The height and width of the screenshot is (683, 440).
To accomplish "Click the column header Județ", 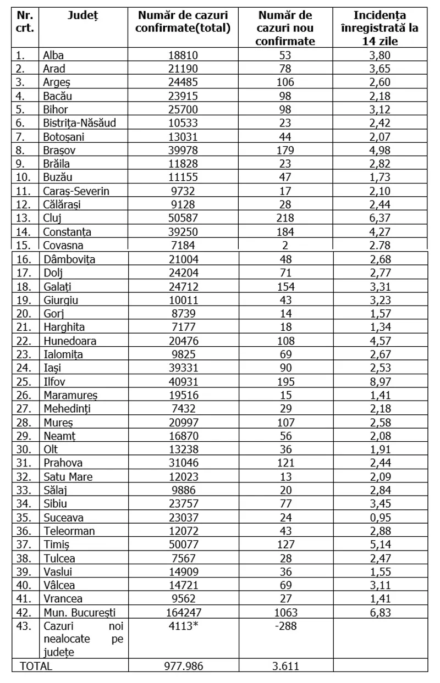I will click(82, 15).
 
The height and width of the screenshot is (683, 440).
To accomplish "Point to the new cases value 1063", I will click(285, 613).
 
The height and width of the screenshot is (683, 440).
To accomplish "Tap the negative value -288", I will click(285, 626).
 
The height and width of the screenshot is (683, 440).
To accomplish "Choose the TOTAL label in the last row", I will click(36, 666).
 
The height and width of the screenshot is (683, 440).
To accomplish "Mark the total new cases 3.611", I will click(285, 666).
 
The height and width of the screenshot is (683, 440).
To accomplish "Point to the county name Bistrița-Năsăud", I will click(79, 123).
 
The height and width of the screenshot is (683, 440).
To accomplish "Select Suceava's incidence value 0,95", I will click(380, 517).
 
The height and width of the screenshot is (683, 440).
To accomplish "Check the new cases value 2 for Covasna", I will click(285, 246).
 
